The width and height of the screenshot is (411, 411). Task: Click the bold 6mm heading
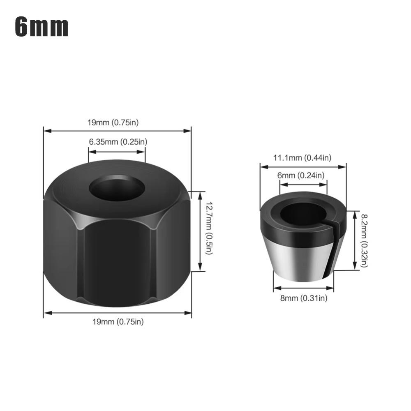coord(42,27)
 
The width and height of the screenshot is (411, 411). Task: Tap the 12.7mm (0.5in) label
coord(209,228)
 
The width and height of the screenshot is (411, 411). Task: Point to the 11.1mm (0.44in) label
coord(302,157)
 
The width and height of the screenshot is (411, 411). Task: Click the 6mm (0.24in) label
coord(301,175)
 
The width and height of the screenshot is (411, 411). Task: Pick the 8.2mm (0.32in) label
coord(364,240)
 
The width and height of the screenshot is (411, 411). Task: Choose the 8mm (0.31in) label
coord(304,298)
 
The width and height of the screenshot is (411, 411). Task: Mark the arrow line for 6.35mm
coord(117,151)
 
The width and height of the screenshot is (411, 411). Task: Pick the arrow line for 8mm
coord(303,288)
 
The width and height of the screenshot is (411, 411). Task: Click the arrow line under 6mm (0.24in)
coord(303,185)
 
